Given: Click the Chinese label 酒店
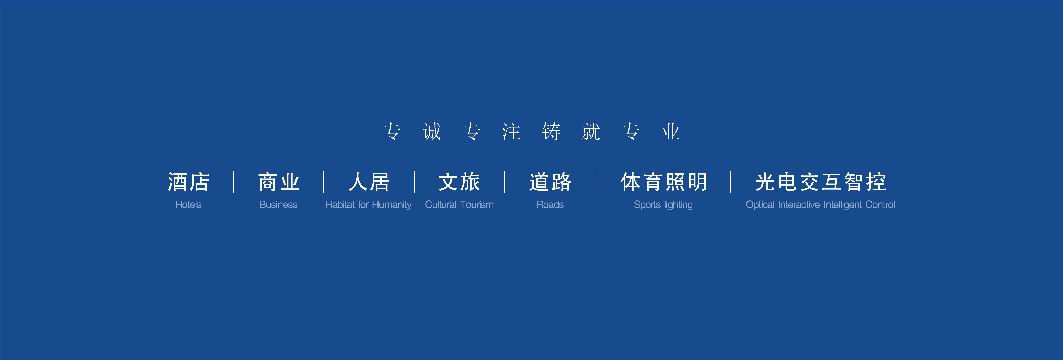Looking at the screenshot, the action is pos(189,182).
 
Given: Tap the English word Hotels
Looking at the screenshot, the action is pos(188,205).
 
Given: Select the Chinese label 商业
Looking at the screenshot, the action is pos(279,182).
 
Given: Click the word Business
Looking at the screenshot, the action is pos(278,205).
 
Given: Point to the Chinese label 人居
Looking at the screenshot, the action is pos(369,182).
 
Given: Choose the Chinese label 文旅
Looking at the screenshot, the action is pos(459,182).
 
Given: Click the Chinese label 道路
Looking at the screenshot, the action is pos(550,182).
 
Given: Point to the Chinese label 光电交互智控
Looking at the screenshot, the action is pos(820,182).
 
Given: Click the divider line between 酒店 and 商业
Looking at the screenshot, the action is pos(234,182).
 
